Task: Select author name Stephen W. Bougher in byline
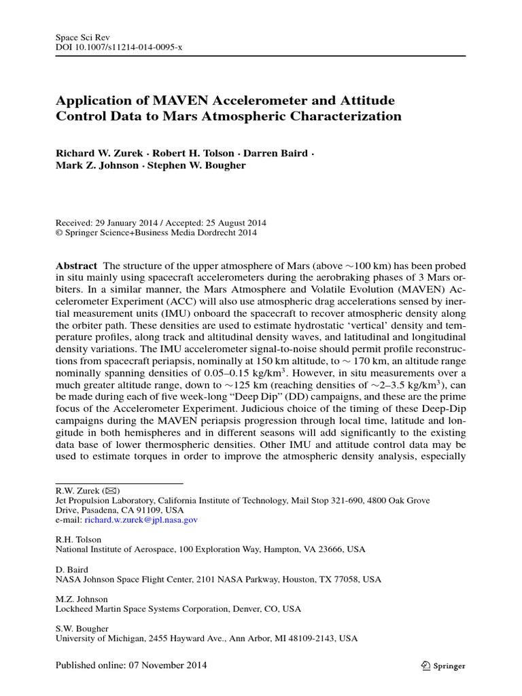pyautogui.click(x=204, y=165)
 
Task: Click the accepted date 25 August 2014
pyautogui.click(x=232, y=222)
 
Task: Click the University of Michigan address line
pyautogui.click(x=205, y=639)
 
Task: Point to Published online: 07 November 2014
pyautogui.click(x=130, y=665)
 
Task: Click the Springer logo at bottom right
pyautogui.click(x=442, y=666)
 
